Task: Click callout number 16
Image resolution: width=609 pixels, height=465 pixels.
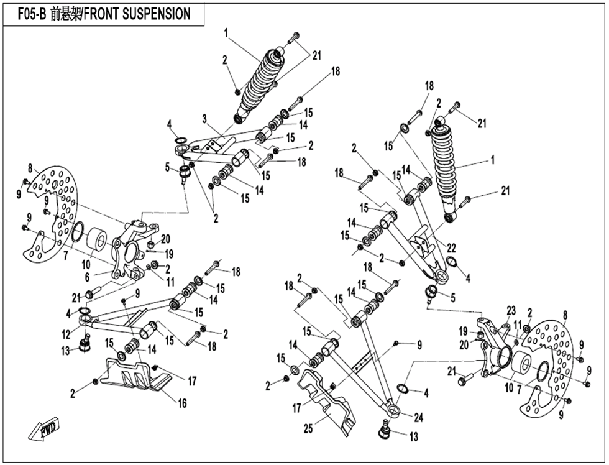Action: click(x=183, y=403)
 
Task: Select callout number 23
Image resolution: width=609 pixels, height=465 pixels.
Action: click(x=511, y=310)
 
